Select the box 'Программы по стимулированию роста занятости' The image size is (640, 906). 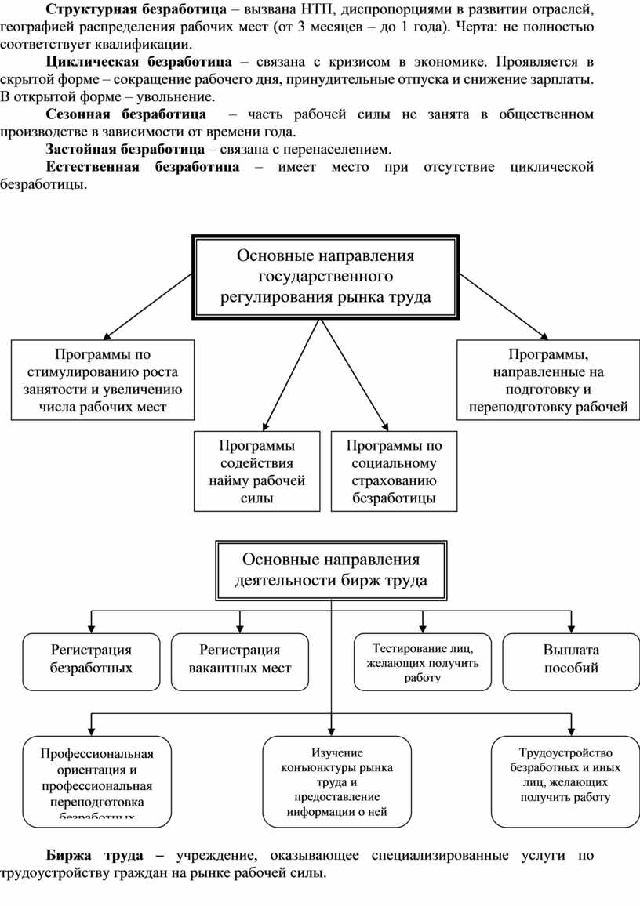(104, 379)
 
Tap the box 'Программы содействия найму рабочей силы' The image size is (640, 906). (257, 471)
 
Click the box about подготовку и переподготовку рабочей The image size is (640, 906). (548, 379)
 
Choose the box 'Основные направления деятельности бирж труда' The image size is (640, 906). (331, 570)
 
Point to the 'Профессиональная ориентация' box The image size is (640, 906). (96, 781)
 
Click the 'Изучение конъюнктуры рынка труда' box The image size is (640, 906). (336, 781)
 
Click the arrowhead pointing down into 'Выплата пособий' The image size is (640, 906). (570, 628)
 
